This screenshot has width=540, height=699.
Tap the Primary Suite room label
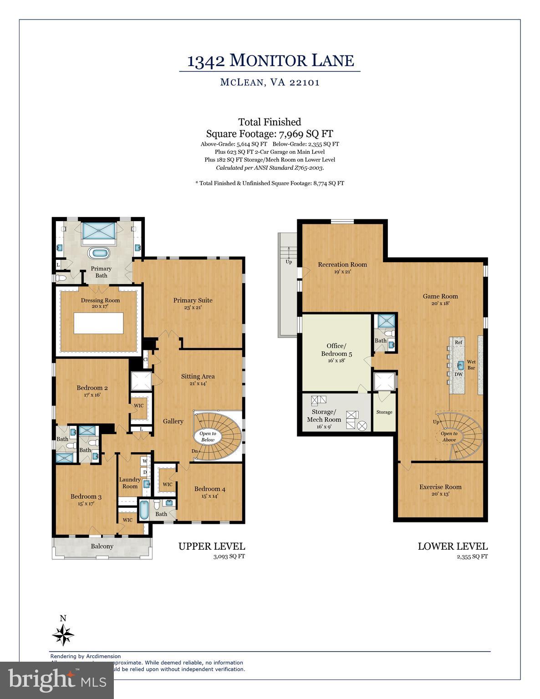[193, 300]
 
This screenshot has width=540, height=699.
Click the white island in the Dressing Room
[99, 323]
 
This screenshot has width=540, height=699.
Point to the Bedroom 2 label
[92, 388]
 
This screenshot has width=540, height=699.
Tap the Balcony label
[102, 546]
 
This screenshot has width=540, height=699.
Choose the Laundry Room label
[130, 483]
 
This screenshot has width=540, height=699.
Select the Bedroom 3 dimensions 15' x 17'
[86, 504]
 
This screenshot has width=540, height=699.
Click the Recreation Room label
[342, 264]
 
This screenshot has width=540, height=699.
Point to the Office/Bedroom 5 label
[336, 350]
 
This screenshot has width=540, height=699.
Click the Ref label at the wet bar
[458, 342]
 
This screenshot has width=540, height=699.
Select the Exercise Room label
[440, 487]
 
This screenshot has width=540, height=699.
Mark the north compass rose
[63, 634]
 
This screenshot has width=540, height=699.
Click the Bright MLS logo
[57, 680]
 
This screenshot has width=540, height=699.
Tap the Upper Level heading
[211, 546]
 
